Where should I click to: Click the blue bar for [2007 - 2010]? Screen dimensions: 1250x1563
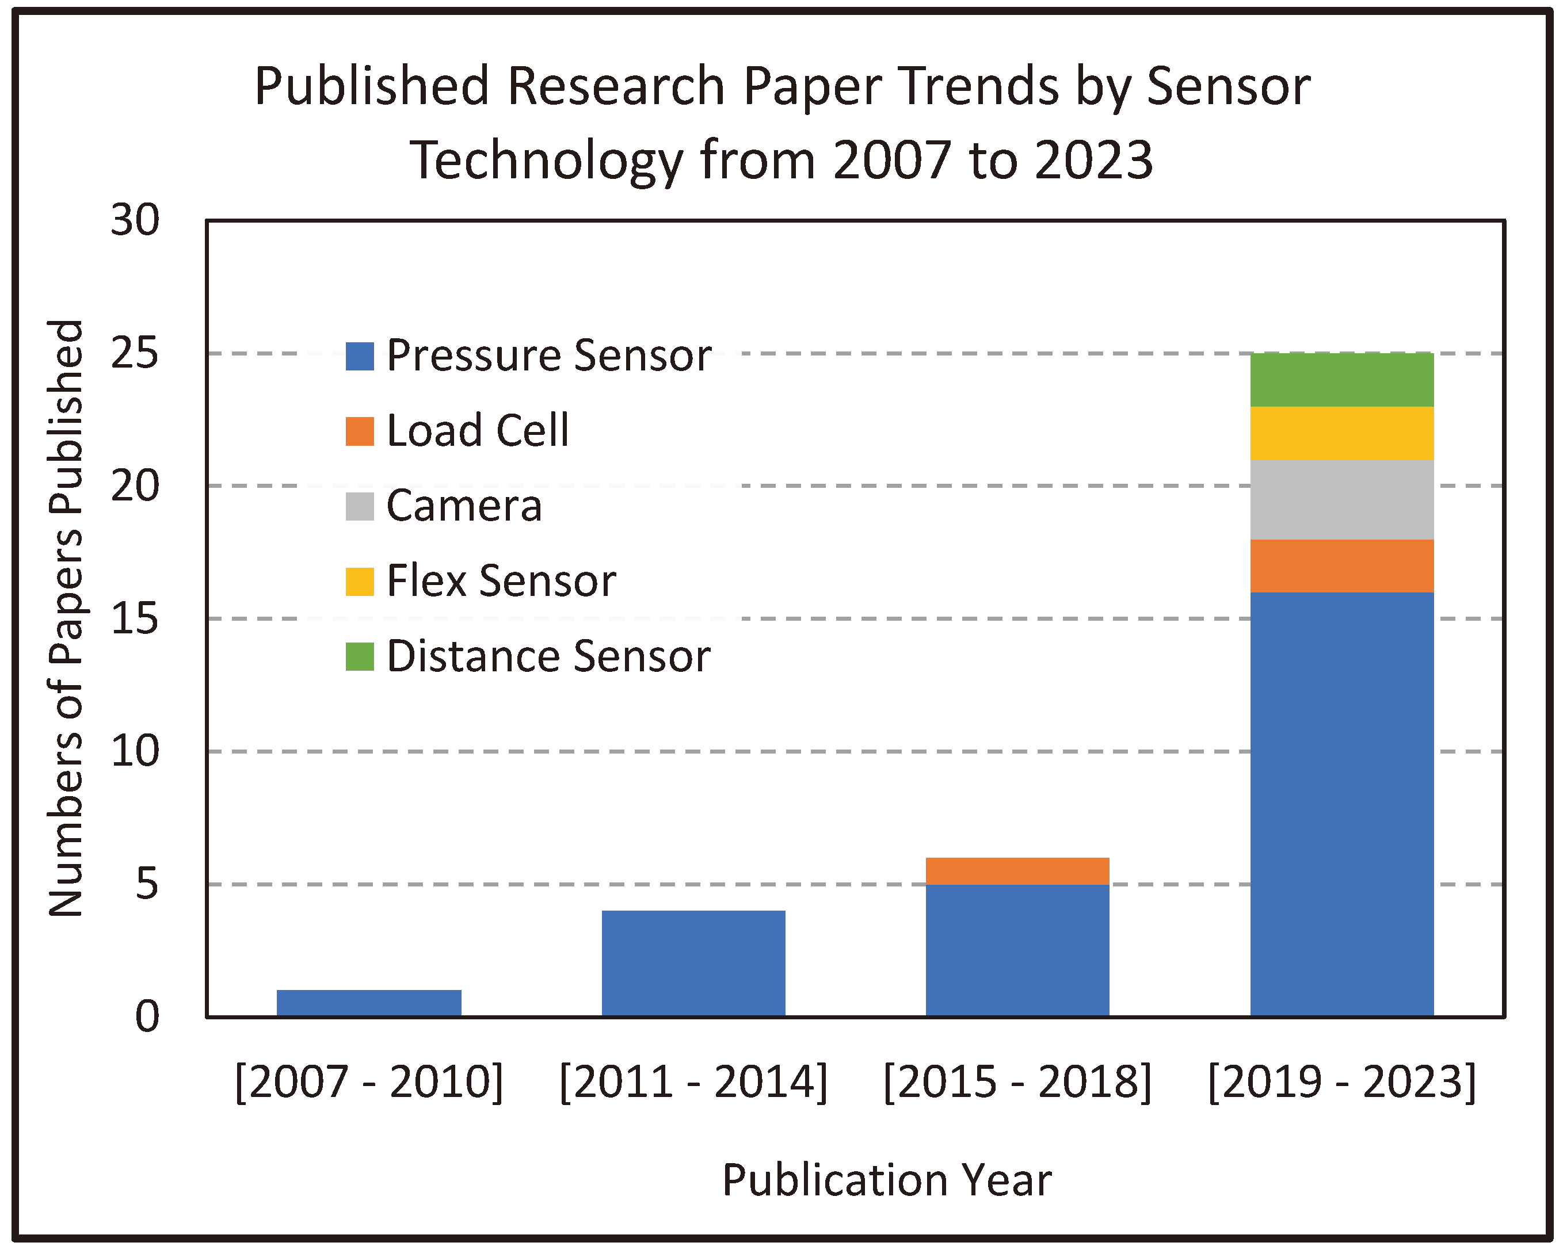369,1003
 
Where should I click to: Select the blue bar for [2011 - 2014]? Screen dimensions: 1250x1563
693,963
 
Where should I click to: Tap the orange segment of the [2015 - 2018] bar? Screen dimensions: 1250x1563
1017,871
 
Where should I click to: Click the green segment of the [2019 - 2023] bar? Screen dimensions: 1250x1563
1342,380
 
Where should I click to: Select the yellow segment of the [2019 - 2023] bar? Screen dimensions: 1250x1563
1342,433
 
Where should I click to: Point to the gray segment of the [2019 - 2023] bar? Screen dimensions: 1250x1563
1342,499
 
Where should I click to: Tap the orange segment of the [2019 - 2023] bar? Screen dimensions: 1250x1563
1342,566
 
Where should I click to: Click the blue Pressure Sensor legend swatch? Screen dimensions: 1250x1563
360,356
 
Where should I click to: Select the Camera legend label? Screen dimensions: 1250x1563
464,506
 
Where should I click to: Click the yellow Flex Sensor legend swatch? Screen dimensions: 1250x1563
360,581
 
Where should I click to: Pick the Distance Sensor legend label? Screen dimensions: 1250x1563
548,656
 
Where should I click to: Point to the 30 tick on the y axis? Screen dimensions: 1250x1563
135,220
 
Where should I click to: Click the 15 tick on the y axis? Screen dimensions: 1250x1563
135,619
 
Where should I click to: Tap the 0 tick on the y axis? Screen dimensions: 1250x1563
147,1016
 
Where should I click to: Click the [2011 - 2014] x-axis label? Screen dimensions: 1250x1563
693,1082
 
